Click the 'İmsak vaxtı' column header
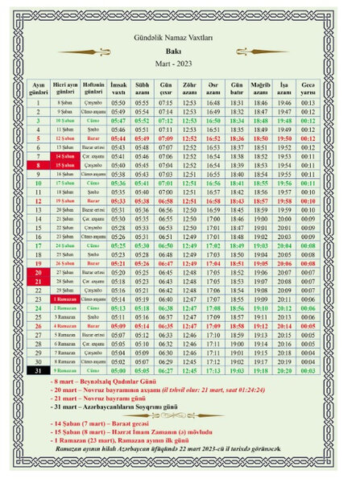[x=118, y=86]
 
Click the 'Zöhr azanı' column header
[x=190, y=86]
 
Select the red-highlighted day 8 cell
[x=39, y=164]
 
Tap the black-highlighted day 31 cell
[x=39, y=370]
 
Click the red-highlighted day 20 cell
[x=39, y=272]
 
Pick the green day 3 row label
[x=39, y=120]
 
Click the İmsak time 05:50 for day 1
[x=118, y=103]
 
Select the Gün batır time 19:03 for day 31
[x=237, y=370]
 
